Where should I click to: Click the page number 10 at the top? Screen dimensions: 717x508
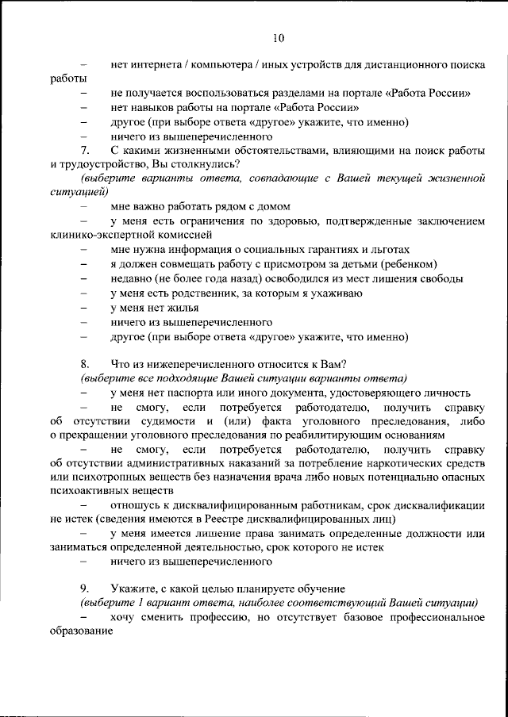click(277, 37)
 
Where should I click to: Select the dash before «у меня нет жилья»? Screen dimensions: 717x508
click(84, 308)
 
